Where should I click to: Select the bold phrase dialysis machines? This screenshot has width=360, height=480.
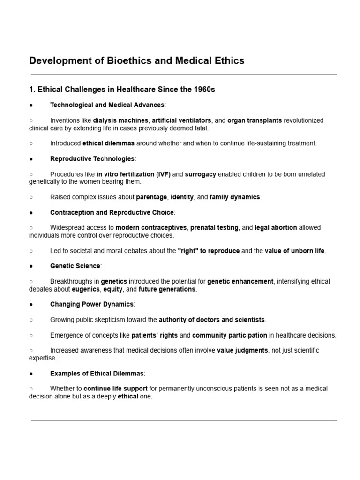[x=121, y=120]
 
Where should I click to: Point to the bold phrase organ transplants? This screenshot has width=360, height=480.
[x=255, y=120]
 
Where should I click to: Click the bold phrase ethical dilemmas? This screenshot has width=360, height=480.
[x=109, y=143]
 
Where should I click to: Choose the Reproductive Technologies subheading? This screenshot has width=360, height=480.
[x=92, y=159]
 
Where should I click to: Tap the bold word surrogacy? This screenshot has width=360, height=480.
[x=201, y=174]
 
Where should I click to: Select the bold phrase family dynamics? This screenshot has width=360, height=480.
[x=235, y=197]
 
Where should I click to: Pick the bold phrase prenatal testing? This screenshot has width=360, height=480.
[x=214, y=228]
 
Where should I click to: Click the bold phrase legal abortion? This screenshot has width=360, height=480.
[x=276, y=228]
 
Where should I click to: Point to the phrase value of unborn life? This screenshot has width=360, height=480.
[x=294, y=251]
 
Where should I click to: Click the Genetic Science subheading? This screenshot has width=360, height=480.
[x=75, y=266]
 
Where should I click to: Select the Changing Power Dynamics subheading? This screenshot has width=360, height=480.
[x=92, y=304]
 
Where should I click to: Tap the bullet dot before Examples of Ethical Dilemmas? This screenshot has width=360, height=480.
[x=31, y=374]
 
